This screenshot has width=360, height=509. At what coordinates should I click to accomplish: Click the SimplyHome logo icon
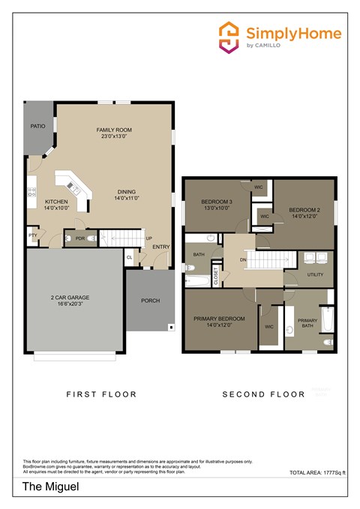click(x=228, y=37)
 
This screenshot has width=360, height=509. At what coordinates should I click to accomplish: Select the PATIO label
click(x=37, y=126)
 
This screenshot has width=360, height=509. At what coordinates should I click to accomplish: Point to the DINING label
click(x=126, y=193)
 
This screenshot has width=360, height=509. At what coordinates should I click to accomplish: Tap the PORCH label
click(x=150, y=301)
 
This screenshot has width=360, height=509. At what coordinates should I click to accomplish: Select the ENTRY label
click(x=161, y=247)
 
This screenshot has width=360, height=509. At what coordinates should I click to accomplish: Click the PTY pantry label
click(x=33, y=235)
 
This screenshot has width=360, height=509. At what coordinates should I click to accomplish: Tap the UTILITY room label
click(x=316, y=274)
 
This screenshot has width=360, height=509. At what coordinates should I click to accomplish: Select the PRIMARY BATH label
click(x=308, y=323)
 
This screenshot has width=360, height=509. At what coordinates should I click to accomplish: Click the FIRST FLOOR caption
click(x=101, y=394)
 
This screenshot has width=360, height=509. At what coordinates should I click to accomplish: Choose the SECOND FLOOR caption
click(x=264, y=394)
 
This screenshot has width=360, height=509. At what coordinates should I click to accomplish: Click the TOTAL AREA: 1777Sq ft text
click(x=316, y=473)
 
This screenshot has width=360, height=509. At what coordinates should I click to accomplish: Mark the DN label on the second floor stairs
click(x=243, y=260)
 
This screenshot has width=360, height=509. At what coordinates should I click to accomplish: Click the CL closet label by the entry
click(x=130, y=257)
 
